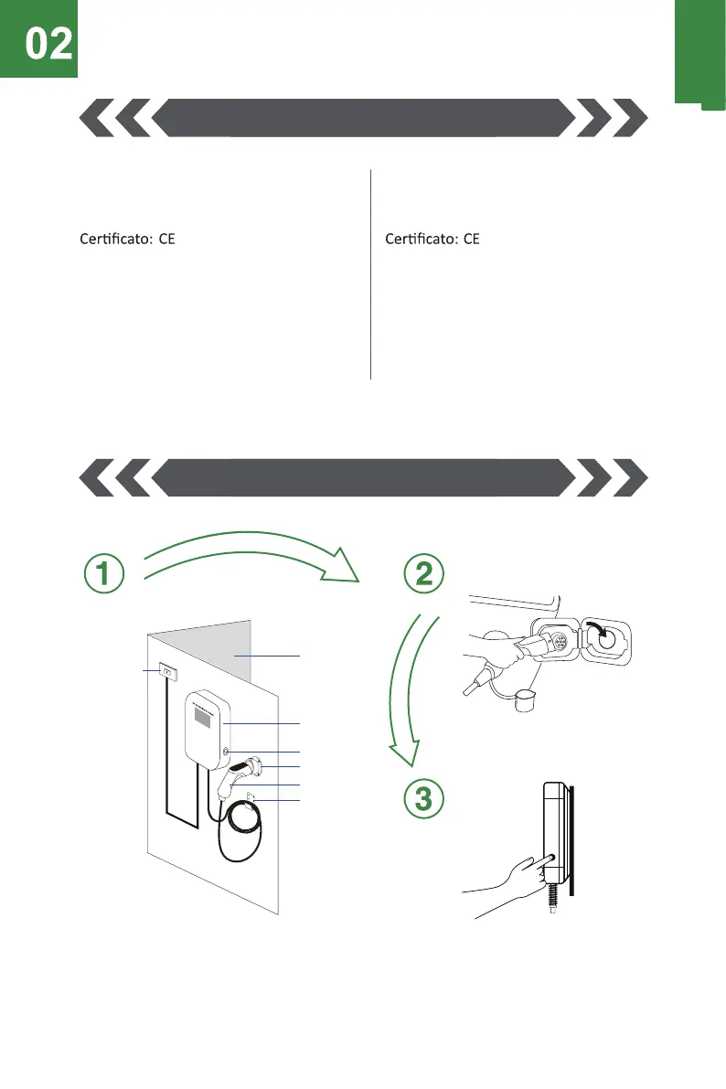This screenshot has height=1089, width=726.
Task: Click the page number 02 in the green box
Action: point(48,45)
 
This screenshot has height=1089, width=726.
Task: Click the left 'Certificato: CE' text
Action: point(124,240)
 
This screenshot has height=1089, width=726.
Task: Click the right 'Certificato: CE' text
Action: point(432,240)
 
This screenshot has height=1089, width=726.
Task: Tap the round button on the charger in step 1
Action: point(225,751)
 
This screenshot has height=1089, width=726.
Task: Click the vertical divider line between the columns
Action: point(370,274)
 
